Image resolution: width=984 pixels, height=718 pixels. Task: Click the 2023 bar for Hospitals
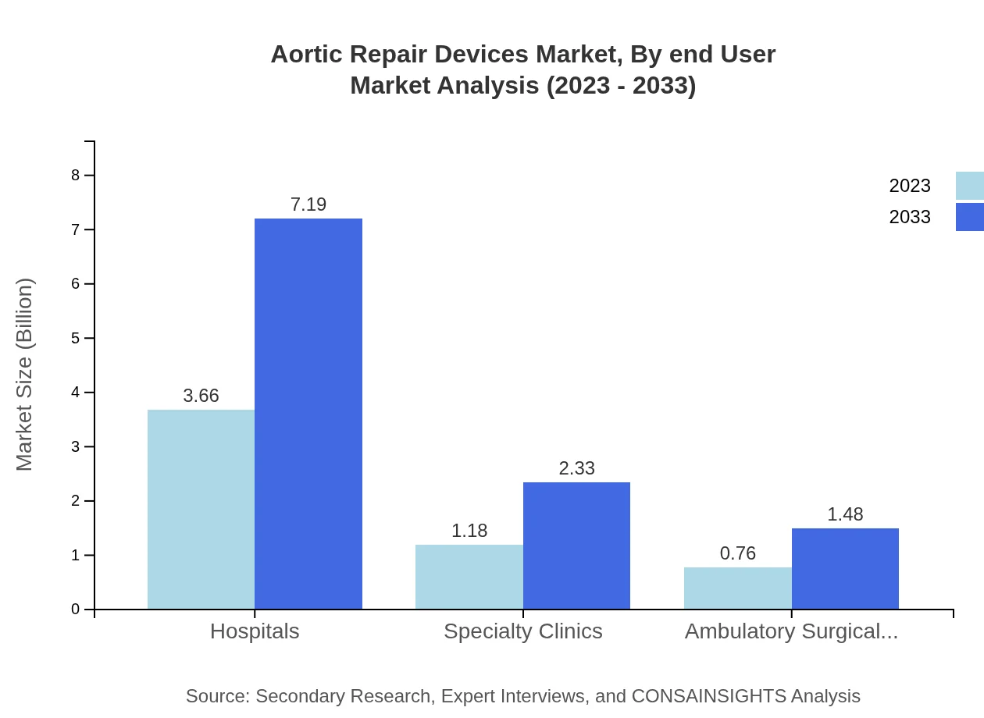(201, 509)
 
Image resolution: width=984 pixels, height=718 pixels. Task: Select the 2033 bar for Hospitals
(308, 414)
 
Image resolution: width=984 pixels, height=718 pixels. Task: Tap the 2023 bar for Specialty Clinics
(469, 577)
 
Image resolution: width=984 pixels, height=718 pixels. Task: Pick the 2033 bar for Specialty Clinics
(576, 546)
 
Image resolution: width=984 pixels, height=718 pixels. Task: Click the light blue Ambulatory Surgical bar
(738, 588)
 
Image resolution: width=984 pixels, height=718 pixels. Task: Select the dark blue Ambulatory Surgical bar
(845, 568)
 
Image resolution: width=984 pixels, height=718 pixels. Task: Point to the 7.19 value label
(308, 204)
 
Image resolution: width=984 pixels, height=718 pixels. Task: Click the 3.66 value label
(201, 396)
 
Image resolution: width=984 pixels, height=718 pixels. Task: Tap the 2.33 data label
(576, 468)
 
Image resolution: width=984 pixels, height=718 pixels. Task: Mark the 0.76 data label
(738, 553)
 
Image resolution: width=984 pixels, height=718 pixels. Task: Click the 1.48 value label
(845, 514)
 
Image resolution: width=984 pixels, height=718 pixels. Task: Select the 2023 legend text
(910, 186)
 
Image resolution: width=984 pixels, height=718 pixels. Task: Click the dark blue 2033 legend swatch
(969, 217)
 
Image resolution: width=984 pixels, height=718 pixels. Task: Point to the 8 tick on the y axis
(76, 175)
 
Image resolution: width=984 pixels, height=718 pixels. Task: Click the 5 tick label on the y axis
(76, 338)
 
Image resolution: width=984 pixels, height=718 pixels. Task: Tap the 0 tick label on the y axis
(76, 610)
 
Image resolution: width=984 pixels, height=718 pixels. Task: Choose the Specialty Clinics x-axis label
(523, 631)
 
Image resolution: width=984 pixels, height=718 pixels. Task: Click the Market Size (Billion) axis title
(25, 375)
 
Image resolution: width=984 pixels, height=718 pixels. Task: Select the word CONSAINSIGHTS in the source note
(708, 696)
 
